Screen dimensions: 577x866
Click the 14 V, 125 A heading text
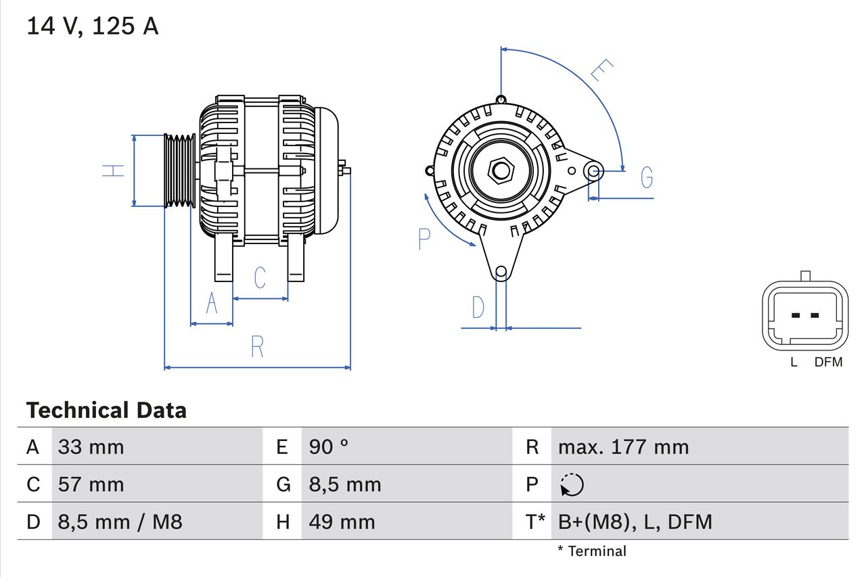click(92, 26)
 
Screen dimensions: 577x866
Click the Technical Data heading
click(106, 411)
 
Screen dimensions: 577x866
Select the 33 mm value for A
click(91, 447)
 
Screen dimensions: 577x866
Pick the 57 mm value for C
click(91, 484)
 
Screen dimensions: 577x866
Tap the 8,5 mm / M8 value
click(120, 522)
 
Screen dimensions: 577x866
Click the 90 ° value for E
click(329, 447)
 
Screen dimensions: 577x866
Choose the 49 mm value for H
click(342, 522)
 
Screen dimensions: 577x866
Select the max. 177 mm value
click(623, 447)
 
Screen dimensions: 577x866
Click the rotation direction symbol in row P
click(572, 485)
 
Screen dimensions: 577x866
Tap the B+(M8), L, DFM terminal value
click(635, 522)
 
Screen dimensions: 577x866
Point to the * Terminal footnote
click(592, 551)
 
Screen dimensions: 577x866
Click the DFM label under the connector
click(828, 363)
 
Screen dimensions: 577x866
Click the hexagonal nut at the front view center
click(501, 170)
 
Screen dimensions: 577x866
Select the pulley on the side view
click(180, 170)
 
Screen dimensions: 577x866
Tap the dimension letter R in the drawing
click(257, 346)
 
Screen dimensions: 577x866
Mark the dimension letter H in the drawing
click(114, 170)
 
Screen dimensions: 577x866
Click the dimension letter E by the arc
click(601, 70)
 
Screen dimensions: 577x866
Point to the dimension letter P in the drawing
click(424, 239)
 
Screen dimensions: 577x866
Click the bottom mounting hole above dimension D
click(501, 273)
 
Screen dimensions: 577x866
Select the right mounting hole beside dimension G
click(593, 170)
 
